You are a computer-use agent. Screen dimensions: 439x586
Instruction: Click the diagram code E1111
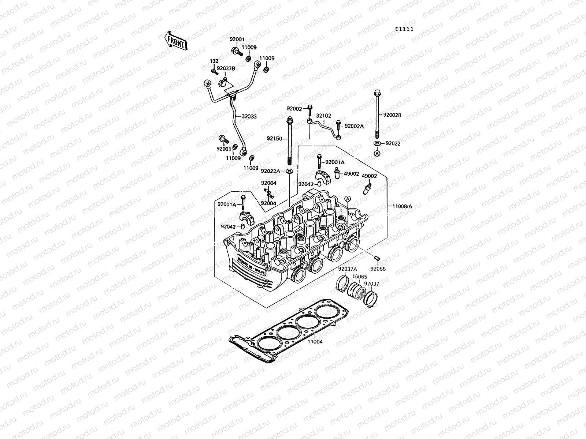[x=404, y=29]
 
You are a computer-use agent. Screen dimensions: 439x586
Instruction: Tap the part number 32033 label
[x=249, y=117]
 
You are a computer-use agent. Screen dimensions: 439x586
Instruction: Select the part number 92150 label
[x=274, y=139]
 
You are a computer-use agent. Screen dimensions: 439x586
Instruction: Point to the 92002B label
[x=392, y=115]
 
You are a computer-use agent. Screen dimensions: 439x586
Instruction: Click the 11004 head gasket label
[x=315, y=342]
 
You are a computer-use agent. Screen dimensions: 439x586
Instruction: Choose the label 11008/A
[x=402, y=206]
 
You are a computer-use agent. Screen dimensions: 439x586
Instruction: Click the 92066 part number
[x=378, y=269]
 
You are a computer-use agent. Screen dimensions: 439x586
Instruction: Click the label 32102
[x=323, y=116]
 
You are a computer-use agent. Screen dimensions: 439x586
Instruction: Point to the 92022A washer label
[x=270, y=171]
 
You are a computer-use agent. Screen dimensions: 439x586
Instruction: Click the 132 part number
[x=214, y=61]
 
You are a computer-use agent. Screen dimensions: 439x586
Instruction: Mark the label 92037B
[x=236, y=68]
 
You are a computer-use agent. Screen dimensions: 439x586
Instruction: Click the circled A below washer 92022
[x=377, y=154]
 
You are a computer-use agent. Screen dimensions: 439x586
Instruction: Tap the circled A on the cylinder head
[x=348, y=198]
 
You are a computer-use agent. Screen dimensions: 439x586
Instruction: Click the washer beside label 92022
[x=377, y=143]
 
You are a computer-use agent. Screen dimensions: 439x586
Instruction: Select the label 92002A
[x=354, y=126]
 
